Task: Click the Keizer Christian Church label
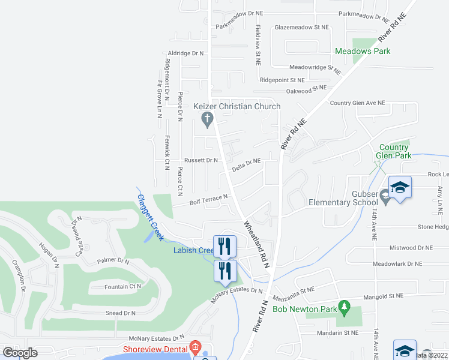point(237,107)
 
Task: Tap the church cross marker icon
point(206,120)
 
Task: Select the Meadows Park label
point(363,51)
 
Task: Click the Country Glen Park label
point(394,151)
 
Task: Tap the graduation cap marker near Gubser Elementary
point(400,188)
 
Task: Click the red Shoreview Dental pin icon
point(194,347)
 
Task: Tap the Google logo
point(20,353)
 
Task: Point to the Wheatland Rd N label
point(257,242)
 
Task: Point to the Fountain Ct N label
point(122,286)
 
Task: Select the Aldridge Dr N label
point(186,53)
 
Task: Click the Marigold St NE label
point(382,296)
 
